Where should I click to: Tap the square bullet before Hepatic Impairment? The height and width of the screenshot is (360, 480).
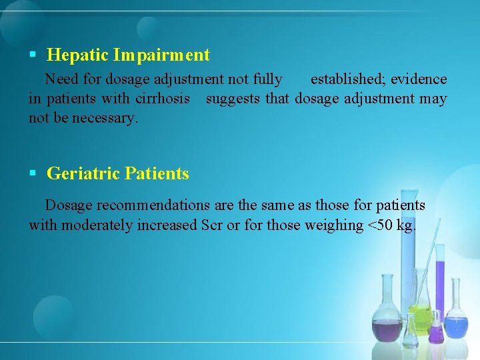point(33,55)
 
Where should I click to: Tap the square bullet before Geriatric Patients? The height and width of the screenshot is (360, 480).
point(33,174)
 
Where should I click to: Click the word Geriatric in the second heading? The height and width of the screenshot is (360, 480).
point(83,174)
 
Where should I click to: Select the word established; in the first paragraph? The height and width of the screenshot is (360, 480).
point(348,79)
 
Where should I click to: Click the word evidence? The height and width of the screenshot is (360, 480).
point(419,79)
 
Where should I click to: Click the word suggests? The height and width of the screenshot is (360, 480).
point(233,99)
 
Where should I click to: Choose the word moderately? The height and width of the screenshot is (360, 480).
point(97,225)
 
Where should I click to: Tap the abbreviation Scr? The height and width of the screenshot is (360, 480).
point(212,225)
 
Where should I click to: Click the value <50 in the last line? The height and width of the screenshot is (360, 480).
point(380,225)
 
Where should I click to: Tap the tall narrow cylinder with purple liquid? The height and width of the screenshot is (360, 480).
point(439,293)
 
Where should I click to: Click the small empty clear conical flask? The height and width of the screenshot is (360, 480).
point(411,330)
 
